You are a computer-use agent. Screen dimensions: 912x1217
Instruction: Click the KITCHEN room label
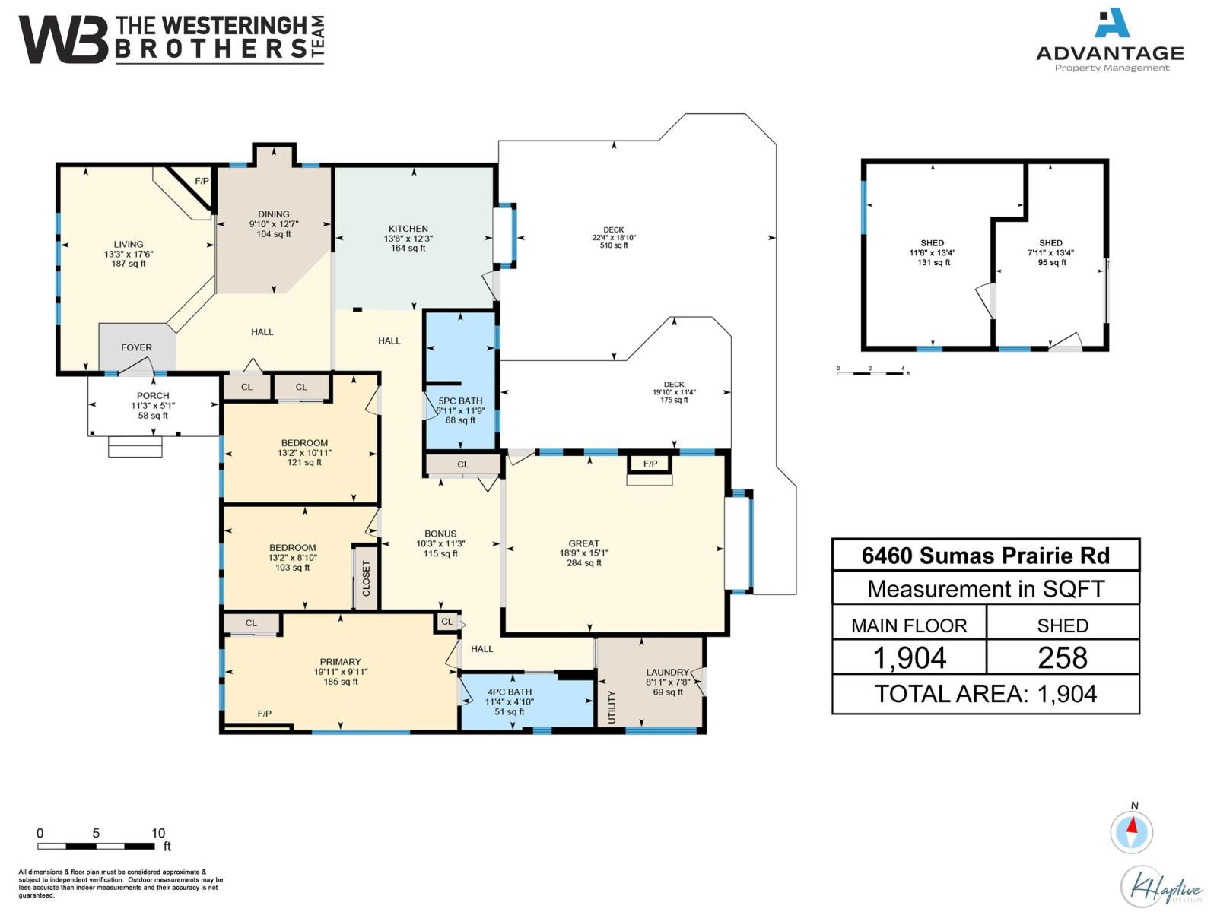point(408,229)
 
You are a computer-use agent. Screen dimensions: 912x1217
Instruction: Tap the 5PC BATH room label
point(460,401)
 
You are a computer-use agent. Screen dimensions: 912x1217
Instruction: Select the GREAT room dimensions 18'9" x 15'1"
point(583,553)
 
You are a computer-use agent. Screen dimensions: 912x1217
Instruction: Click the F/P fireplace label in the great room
point(650,464)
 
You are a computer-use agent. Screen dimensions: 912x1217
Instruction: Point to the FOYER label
point(136,347)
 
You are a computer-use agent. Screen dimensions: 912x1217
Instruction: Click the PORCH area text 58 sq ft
point(153,416)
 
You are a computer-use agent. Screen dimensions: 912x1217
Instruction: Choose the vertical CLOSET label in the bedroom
point(366,578)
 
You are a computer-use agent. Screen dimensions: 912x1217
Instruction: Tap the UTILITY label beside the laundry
point(612,707)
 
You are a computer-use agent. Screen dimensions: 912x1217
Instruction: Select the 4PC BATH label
point(510,692)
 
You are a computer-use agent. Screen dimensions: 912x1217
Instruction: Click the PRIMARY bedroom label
point(340,662)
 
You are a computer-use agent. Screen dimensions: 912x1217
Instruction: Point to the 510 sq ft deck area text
point(614,245)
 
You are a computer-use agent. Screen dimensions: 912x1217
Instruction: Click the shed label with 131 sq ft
point(933,243)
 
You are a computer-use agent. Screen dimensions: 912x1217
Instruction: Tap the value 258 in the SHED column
point(1063,657)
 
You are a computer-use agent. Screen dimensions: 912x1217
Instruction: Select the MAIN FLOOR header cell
point(909,625)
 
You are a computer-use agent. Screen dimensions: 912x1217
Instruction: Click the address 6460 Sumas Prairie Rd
point(985,556)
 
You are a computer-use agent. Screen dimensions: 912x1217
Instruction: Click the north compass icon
point(1132,831)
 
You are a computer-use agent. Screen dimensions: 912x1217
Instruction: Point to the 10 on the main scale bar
point(158,833)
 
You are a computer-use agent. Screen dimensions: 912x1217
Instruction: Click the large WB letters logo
point(62,40)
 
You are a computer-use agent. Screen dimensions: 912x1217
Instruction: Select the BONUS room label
point(440,534)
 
